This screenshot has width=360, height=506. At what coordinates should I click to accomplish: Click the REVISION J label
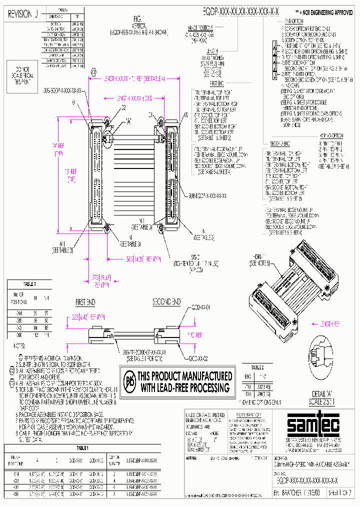(23, 14)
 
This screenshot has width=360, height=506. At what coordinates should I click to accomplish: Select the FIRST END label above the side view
(85, 303)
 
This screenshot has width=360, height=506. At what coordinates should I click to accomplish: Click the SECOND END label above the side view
(166, 302)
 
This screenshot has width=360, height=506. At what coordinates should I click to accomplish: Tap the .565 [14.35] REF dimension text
(142, 258)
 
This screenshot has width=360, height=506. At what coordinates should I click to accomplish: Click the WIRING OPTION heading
(332, 135)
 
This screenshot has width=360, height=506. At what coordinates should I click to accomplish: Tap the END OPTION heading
(294, 20)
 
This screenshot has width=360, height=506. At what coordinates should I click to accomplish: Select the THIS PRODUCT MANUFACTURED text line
(184, 376)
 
